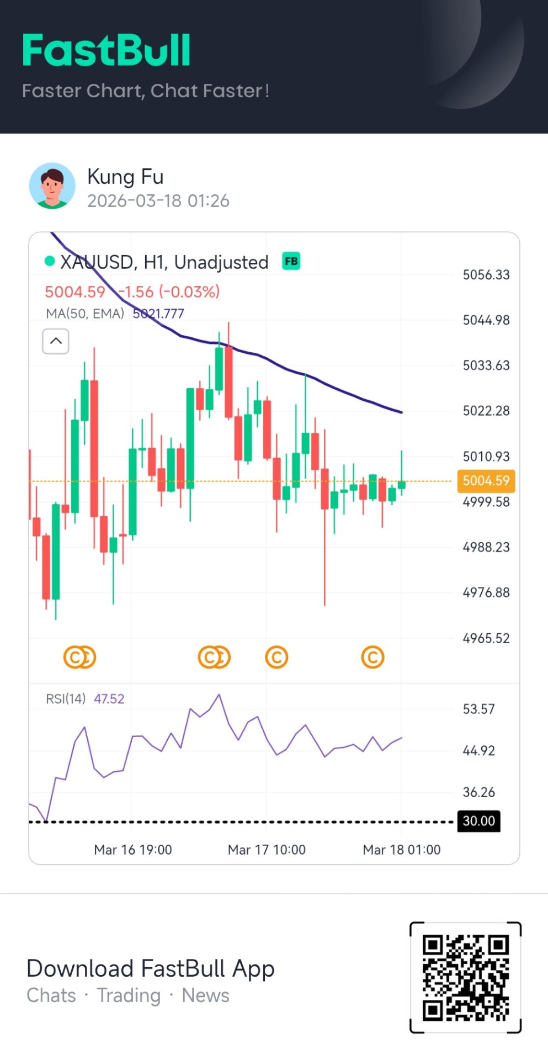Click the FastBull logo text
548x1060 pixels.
pyautogui.click(x=107, y=50)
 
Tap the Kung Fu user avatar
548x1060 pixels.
pyautogui.click(x=52, y=186)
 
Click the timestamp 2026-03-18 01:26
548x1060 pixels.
pyautogui.click(x=158, y=201)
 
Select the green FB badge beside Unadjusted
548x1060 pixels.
pyautogui.click(x=291, y=261)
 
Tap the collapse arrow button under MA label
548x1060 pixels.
pyautogui.click(x=56, y=341)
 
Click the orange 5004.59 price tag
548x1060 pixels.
pyautogui.click(x=486, y=480)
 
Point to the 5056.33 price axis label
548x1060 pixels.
pyautogui.click(x=486, y=274)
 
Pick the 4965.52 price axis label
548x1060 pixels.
pyautogui.click(x=486, y=638)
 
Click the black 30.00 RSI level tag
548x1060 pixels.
pyautogui.click(x=478, y=821)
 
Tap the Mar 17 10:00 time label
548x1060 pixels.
pyautogui.click(x=267, y=850)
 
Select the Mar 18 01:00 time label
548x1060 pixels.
pyautogui.click(x=401, y=850)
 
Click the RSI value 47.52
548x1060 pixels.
pyautogui.click(x=109, y=699)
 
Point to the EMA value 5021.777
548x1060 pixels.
pyautogui.click(x=158, y=314)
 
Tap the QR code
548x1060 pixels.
pyautogui.click(x=465, y=977)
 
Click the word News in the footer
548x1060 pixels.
pyautogui.click(x=205, y=995)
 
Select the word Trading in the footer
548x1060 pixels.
pyautogui.click(x=129, y=995)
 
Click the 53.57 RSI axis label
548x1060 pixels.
pyautogui.click(x=478, y=709)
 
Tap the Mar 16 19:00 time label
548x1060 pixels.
pyautogui.click(x=133, y=850)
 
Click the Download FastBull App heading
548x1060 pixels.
pyautogui.click(x=150, y=968)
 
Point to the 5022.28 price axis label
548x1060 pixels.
pyautogui.click(x=486, y=411)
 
